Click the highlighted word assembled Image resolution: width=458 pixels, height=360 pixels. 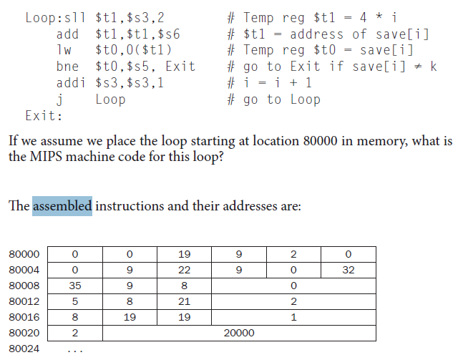pos(62,207)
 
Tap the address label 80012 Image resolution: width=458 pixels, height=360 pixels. pos(24,301)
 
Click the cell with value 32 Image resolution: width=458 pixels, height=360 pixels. pos(348,271)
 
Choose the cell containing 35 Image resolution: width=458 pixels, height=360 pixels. pos(74,286)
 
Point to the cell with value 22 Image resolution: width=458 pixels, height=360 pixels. pos(184,271)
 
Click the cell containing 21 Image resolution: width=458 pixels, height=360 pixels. pos(184,301)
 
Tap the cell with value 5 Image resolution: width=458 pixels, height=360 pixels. pos(74,301)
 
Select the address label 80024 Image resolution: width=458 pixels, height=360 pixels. pos(24,349)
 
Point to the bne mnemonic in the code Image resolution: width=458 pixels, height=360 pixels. pos(67,67)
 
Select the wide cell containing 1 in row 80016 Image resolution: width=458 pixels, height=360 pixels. pos(293,317)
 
